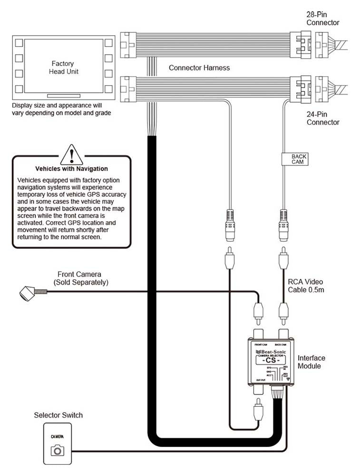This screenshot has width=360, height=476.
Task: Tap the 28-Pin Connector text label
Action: pos(323,19)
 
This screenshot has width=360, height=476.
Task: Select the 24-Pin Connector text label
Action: pos(323,118)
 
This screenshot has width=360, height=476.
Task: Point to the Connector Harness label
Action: pos(199,68)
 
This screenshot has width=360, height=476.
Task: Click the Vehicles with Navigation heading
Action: pos(72,169)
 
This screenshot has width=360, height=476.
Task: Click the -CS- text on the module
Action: pos(272,360)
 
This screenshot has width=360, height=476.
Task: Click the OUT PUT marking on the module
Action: pos(260,379)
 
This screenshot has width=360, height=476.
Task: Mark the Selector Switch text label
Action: pos(58,415)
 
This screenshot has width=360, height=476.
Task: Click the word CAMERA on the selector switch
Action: pos(58,436)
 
